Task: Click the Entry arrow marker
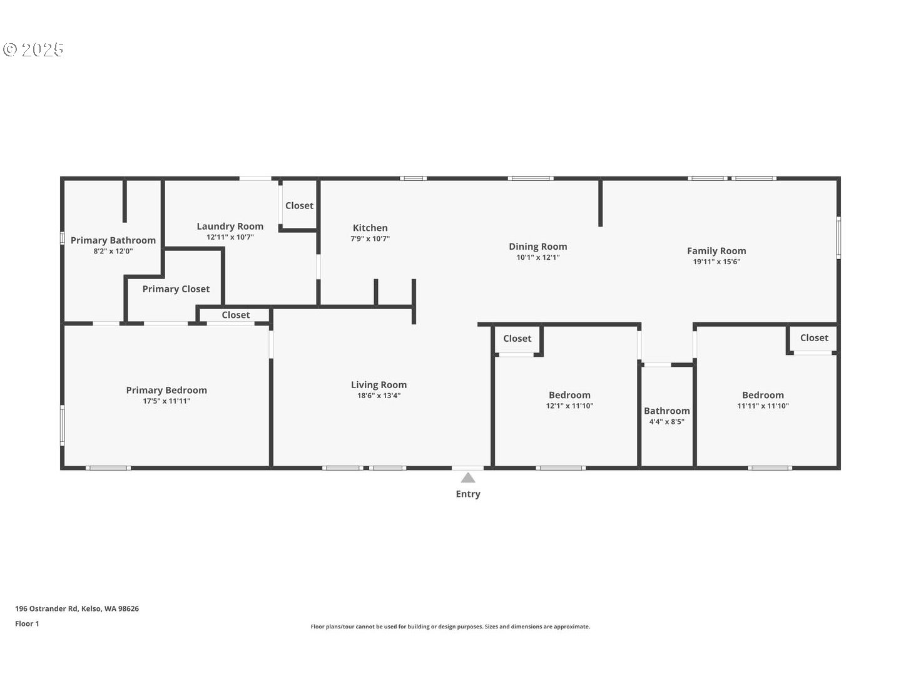[x=468, y=478]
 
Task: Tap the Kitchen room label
[x=370, y=228]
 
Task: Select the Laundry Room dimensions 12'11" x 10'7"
[x=230, y=237]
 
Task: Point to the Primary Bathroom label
[x=113, y=240]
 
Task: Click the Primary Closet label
[x=176, y=289]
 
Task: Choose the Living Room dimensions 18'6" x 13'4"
[x=379, y=396]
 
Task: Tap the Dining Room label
[x=537, y=247]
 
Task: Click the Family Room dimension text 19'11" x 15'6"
[x=716, y=262]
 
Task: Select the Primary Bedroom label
[x=166, y=390]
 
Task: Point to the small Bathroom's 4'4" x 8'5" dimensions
[x=666, y=422]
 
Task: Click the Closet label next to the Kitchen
[x=299, y=205]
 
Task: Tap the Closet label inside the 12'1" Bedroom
[x=517, y=339]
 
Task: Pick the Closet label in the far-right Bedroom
[x=814, y=338]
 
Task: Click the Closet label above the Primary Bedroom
[x=235, y=315]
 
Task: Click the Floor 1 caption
[x=27, y=623]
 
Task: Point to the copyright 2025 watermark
[x=34, y=49]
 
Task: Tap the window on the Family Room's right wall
[x=838, y=237]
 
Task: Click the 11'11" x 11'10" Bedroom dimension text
[x=763, y=406]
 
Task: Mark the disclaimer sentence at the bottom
[x=450, y=627]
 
